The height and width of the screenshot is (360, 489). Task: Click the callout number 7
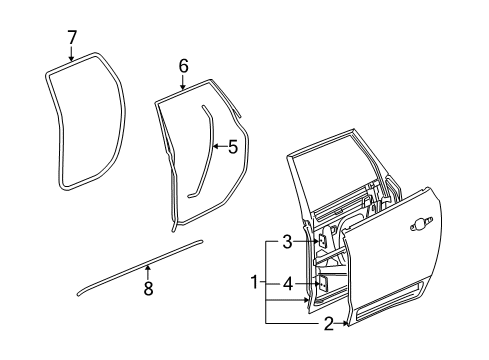tap(71, 38)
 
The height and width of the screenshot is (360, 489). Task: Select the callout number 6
tap(183, 66)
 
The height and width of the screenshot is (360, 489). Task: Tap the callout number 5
tap(232, 147)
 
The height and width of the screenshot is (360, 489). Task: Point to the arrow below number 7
tap(71, 56)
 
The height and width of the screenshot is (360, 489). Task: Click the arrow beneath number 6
tap(183, 85)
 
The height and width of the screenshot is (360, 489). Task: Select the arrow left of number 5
tap(217, 147)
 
